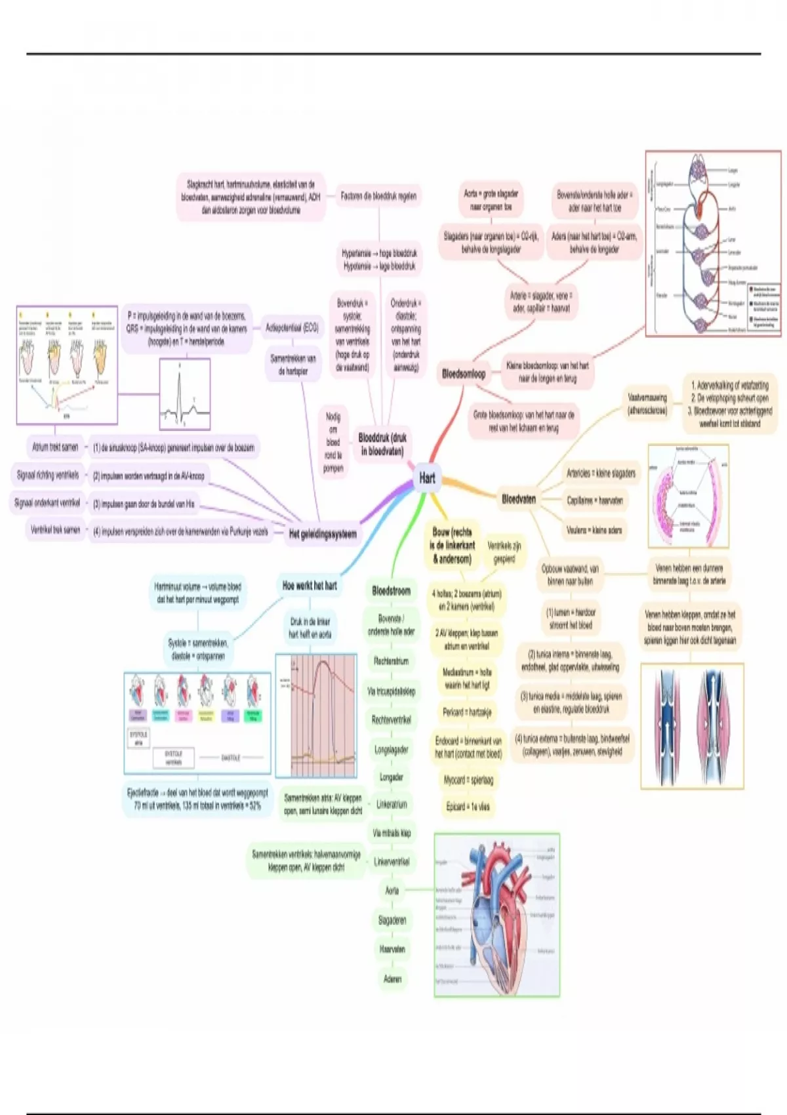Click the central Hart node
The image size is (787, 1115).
coord(427,478)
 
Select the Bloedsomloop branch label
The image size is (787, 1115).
coord(464,374)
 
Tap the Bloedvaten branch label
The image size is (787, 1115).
coord(519,499)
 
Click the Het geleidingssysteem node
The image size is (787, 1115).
coord(323,534)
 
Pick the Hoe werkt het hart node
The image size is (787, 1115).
coord(310,586)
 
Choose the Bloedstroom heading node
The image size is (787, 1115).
coord(392,591)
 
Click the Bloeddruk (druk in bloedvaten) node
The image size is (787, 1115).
coord(382,445)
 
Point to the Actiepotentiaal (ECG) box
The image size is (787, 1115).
coord(292,327)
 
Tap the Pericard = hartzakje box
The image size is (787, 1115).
coord(467,712)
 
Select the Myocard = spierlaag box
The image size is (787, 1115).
coord(468,780)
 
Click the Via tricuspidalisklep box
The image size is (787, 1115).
coord(391,691)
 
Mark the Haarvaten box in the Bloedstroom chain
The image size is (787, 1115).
coord(392,949)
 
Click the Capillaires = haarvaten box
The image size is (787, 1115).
coord(594,500)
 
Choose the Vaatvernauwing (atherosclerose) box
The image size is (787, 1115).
coord(647,404)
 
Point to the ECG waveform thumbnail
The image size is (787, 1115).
coord(185,394)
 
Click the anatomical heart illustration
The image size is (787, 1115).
coord(497,916)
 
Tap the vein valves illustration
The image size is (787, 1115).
coord(692,725)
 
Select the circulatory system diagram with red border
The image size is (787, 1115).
coord(713,243)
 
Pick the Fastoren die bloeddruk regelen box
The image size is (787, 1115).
coord(378,196)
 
